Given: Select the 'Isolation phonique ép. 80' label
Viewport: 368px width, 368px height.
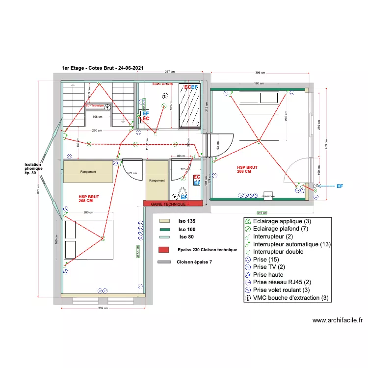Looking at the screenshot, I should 34,169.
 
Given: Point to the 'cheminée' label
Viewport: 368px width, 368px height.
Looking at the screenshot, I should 268,196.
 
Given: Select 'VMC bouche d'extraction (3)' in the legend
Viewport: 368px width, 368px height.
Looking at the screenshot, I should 290,297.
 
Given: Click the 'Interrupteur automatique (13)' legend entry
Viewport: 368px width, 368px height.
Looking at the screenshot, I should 292,244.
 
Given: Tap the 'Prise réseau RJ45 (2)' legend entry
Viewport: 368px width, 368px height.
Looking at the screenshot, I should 282,282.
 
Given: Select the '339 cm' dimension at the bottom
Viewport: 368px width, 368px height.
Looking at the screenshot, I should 104,308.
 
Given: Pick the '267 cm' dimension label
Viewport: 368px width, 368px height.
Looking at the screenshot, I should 170,72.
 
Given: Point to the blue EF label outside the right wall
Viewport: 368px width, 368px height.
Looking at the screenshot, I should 340,186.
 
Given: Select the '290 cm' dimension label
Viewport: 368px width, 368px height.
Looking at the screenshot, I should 96,131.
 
